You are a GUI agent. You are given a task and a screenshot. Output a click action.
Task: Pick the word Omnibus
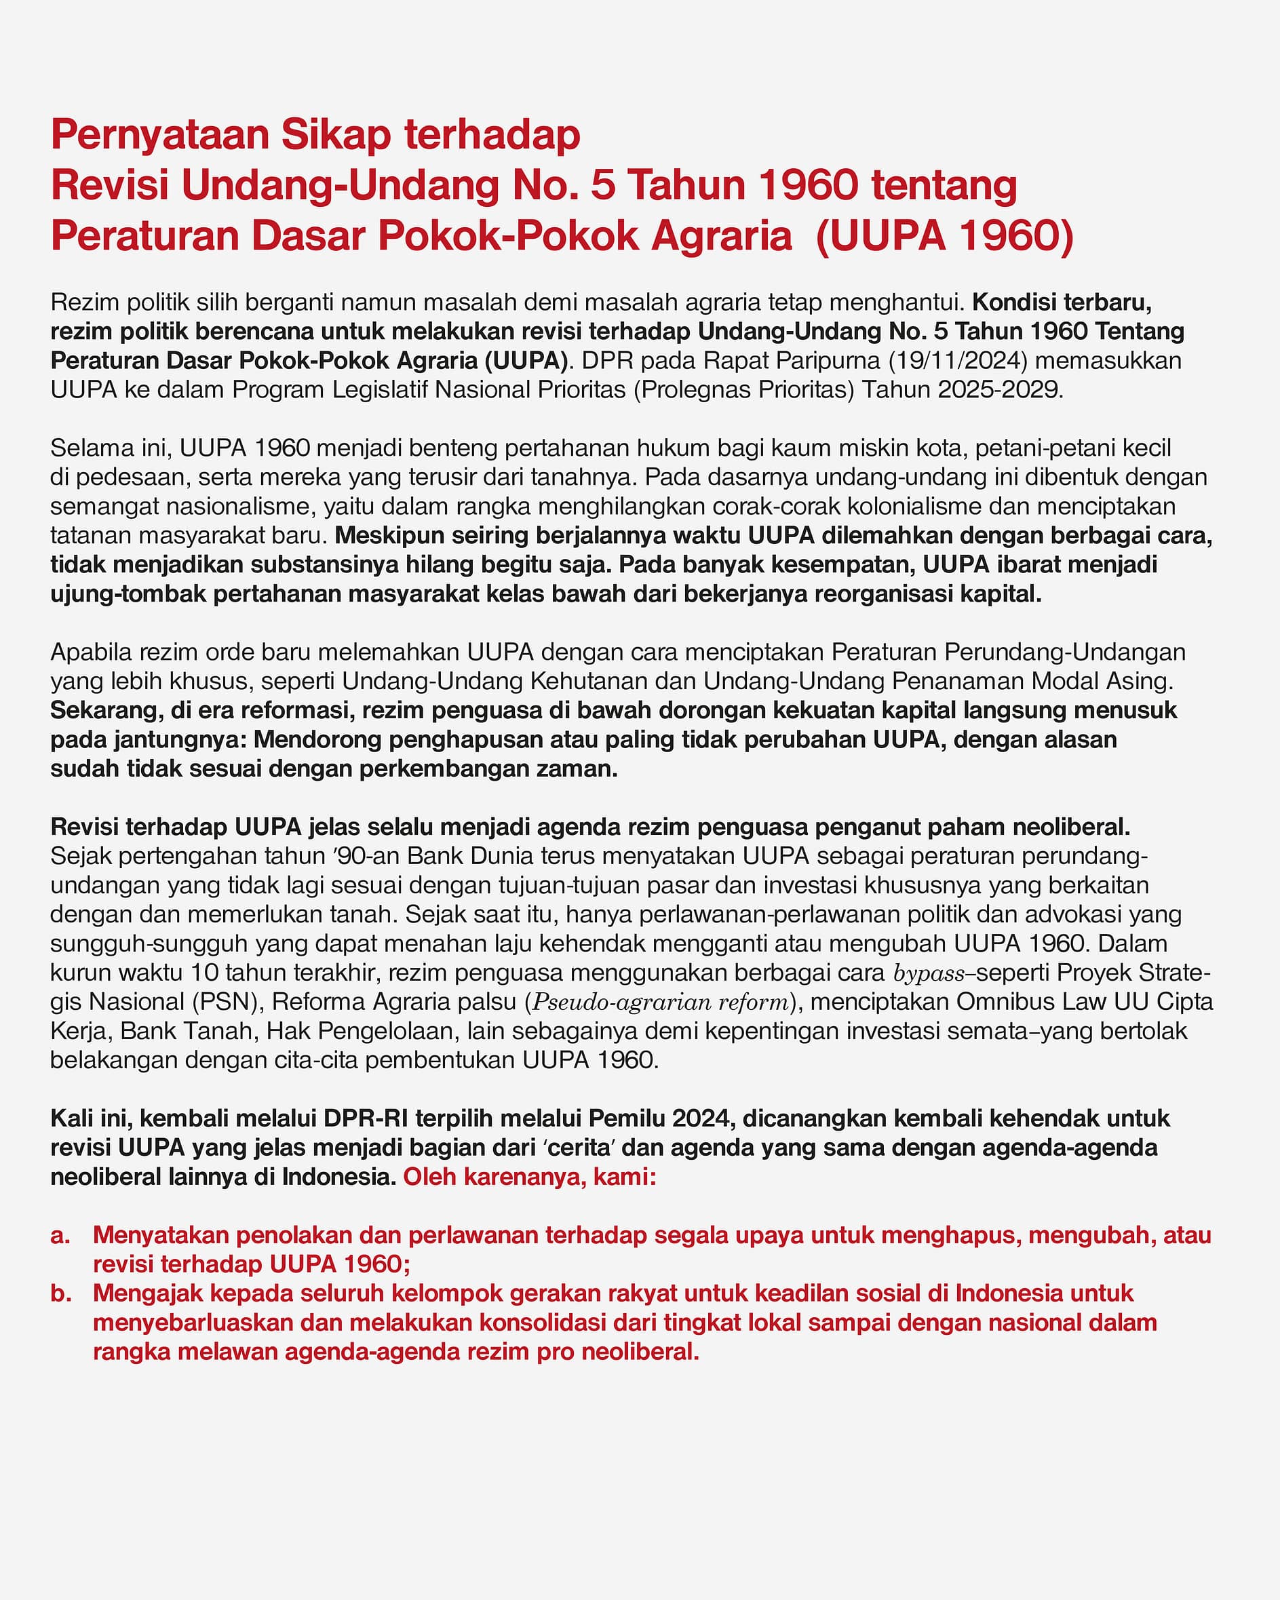[x=1002, y=1002]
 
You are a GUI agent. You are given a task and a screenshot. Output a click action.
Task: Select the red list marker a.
[x=60, y=1235]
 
